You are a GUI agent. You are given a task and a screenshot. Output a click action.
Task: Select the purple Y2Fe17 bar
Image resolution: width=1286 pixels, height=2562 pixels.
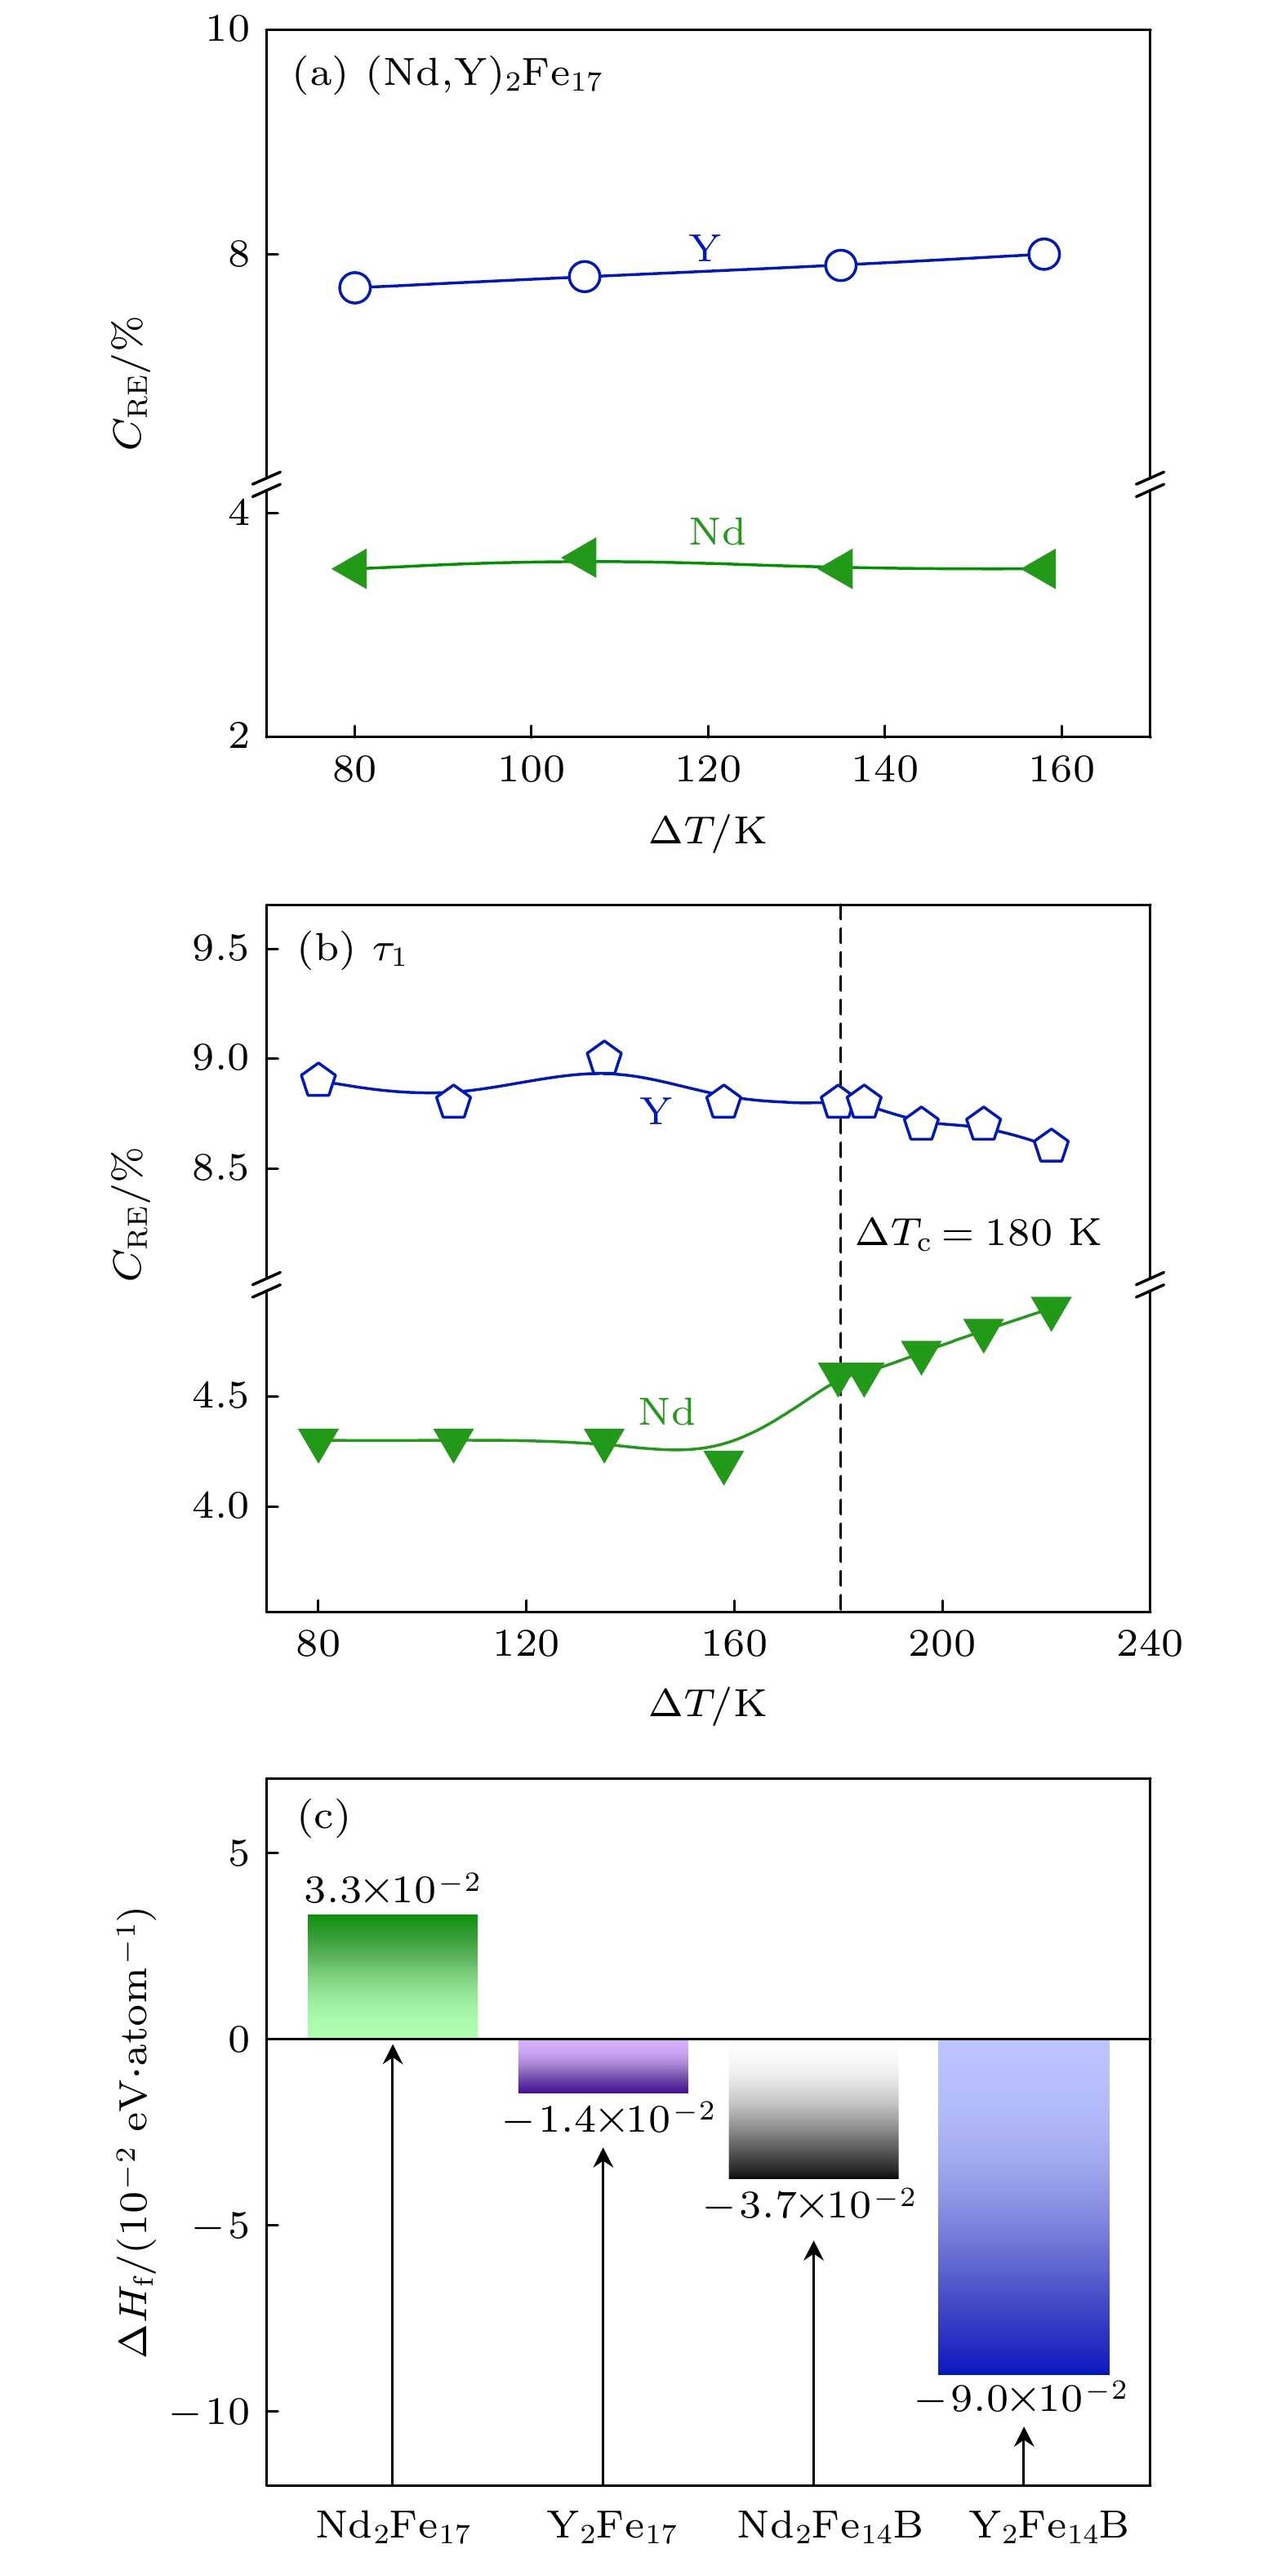(603, 2066)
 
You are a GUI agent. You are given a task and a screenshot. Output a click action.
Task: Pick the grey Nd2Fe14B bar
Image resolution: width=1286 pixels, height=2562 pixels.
(812, 2109)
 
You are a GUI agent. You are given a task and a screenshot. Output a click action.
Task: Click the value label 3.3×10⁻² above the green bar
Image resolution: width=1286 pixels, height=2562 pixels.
(392, 1888)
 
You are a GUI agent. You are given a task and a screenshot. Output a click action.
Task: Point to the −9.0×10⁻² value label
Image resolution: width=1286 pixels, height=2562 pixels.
(1021, 2399)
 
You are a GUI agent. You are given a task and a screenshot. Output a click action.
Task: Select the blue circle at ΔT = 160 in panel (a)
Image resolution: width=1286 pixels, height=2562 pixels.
(1043, 255)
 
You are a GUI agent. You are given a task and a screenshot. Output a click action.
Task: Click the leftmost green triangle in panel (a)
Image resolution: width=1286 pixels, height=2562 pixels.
(351, 569)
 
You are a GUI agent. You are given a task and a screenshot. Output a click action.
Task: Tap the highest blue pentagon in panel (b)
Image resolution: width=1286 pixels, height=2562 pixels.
(603, 1058)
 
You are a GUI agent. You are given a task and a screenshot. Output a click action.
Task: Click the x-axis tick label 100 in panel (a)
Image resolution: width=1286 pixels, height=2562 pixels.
(531, 770)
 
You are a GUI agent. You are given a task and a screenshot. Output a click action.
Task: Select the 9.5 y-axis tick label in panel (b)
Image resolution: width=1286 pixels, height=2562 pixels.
(220, 948)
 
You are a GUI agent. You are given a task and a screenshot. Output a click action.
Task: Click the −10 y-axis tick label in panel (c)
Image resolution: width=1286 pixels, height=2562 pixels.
(211, 2412)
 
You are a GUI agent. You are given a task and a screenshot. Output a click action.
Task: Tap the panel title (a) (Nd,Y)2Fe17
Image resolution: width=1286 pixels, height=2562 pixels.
(447, 74)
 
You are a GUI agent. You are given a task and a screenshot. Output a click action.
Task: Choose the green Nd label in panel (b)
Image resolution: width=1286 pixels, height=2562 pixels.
(665, 1412)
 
